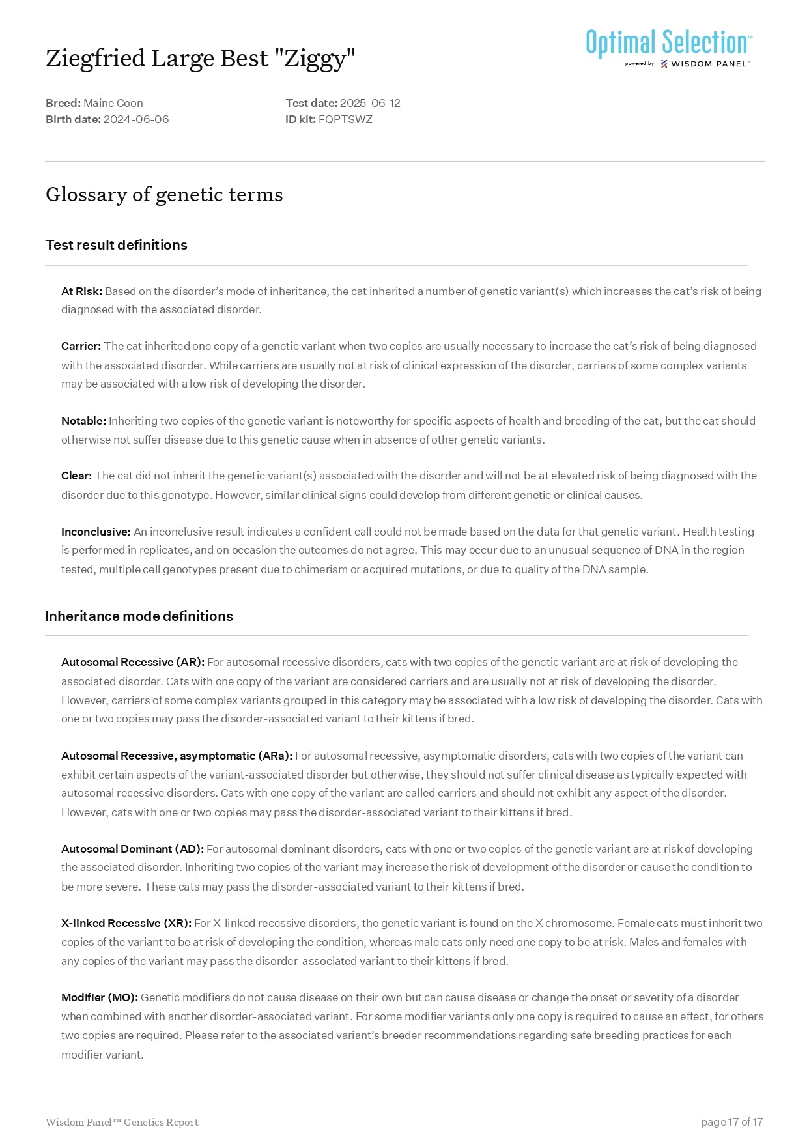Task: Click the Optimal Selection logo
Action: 668,48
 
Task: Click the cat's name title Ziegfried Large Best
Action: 200,59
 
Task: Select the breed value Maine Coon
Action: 113,103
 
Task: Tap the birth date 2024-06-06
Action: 135,119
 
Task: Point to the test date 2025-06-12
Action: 369,103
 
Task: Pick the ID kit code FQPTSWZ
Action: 345,119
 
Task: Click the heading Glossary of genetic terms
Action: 164,195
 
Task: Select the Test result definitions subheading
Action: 116,245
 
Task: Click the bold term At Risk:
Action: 81,291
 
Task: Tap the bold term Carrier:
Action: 81,346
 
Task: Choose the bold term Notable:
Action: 83,421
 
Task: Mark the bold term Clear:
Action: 76,476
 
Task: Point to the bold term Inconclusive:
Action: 96,532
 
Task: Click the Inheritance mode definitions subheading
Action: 139,616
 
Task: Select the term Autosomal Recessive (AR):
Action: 133,662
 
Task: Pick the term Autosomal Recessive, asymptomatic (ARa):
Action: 177,756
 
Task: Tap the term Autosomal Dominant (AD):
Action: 132,849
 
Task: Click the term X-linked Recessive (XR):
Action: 126,923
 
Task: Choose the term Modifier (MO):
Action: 100,997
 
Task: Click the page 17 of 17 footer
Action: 731,1122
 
